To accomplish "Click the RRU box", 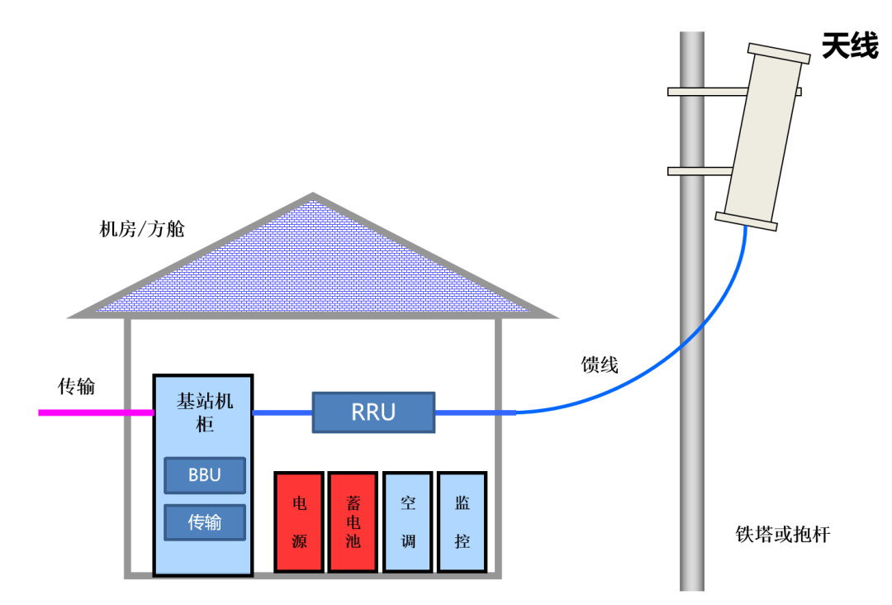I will click(373, 412).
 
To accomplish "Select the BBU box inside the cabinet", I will click(205, 475).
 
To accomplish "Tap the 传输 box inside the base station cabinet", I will click(205, 522).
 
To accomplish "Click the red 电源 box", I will click(300, 522).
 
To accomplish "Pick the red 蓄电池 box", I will click(353, 522).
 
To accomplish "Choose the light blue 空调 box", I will click(408, 522).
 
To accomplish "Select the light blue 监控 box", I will click(462, 522).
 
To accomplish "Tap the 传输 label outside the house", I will click(76, 386).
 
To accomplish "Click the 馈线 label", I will click(600, 364).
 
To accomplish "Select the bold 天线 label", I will click(849, 47).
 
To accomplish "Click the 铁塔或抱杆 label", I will click(782, 535).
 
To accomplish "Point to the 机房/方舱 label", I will click(142, 229).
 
